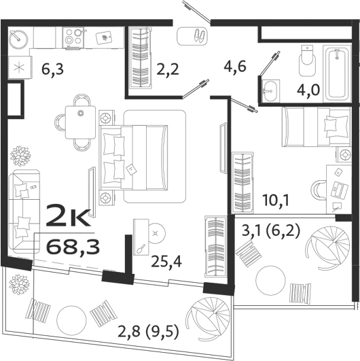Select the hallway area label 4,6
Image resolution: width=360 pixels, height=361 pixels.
click(x=236, y=67)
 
